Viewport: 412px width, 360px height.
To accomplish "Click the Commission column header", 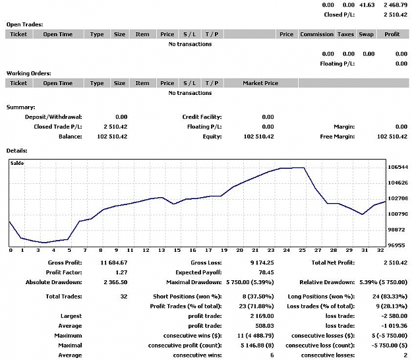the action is click(316, 34).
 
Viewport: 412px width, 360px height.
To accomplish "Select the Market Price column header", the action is click(260, 83).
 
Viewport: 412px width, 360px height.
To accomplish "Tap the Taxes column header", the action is click(345, 34).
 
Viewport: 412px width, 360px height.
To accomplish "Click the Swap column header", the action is click(366, 34).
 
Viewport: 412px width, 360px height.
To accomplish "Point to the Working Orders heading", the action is click(28, 74).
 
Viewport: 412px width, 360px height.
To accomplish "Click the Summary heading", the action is click(20, 107).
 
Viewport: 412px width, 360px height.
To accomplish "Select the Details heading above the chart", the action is click(17, 151).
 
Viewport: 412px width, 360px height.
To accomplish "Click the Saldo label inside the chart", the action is click(17, 163).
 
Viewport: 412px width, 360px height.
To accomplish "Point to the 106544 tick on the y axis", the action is click(397, 167).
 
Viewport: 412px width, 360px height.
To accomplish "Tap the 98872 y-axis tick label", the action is click(397, 229).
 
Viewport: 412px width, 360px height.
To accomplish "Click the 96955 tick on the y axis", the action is click(397, 245).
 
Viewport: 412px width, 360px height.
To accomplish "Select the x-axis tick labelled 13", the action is click(162, 250).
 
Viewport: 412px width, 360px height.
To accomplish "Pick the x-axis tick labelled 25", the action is click(302, 250).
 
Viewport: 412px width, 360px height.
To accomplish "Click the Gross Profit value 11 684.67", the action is click(114, 263).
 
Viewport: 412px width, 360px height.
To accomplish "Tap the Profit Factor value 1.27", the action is click(121, 272).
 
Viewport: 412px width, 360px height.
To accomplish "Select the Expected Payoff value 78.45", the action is click(266, 272).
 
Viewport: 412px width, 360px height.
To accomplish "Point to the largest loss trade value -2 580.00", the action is click(394, 316).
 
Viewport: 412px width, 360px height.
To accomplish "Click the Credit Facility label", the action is click(202, 117).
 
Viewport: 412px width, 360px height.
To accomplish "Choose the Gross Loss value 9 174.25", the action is click(262, 263).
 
